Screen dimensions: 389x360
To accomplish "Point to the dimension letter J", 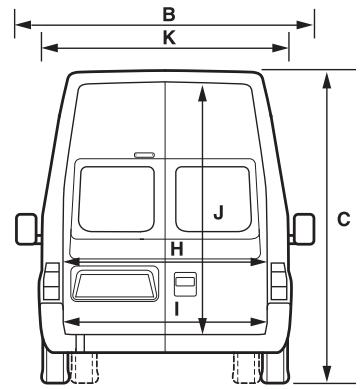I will [218, 210].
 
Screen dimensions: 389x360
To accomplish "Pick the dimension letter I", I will [176, 310].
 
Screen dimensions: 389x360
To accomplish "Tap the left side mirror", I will [27, 229].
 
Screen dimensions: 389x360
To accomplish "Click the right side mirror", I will [300, 229].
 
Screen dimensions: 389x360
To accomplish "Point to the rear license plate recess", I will [114, 283].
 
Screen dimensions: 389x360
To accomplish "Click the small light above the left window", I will [145, 155].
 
